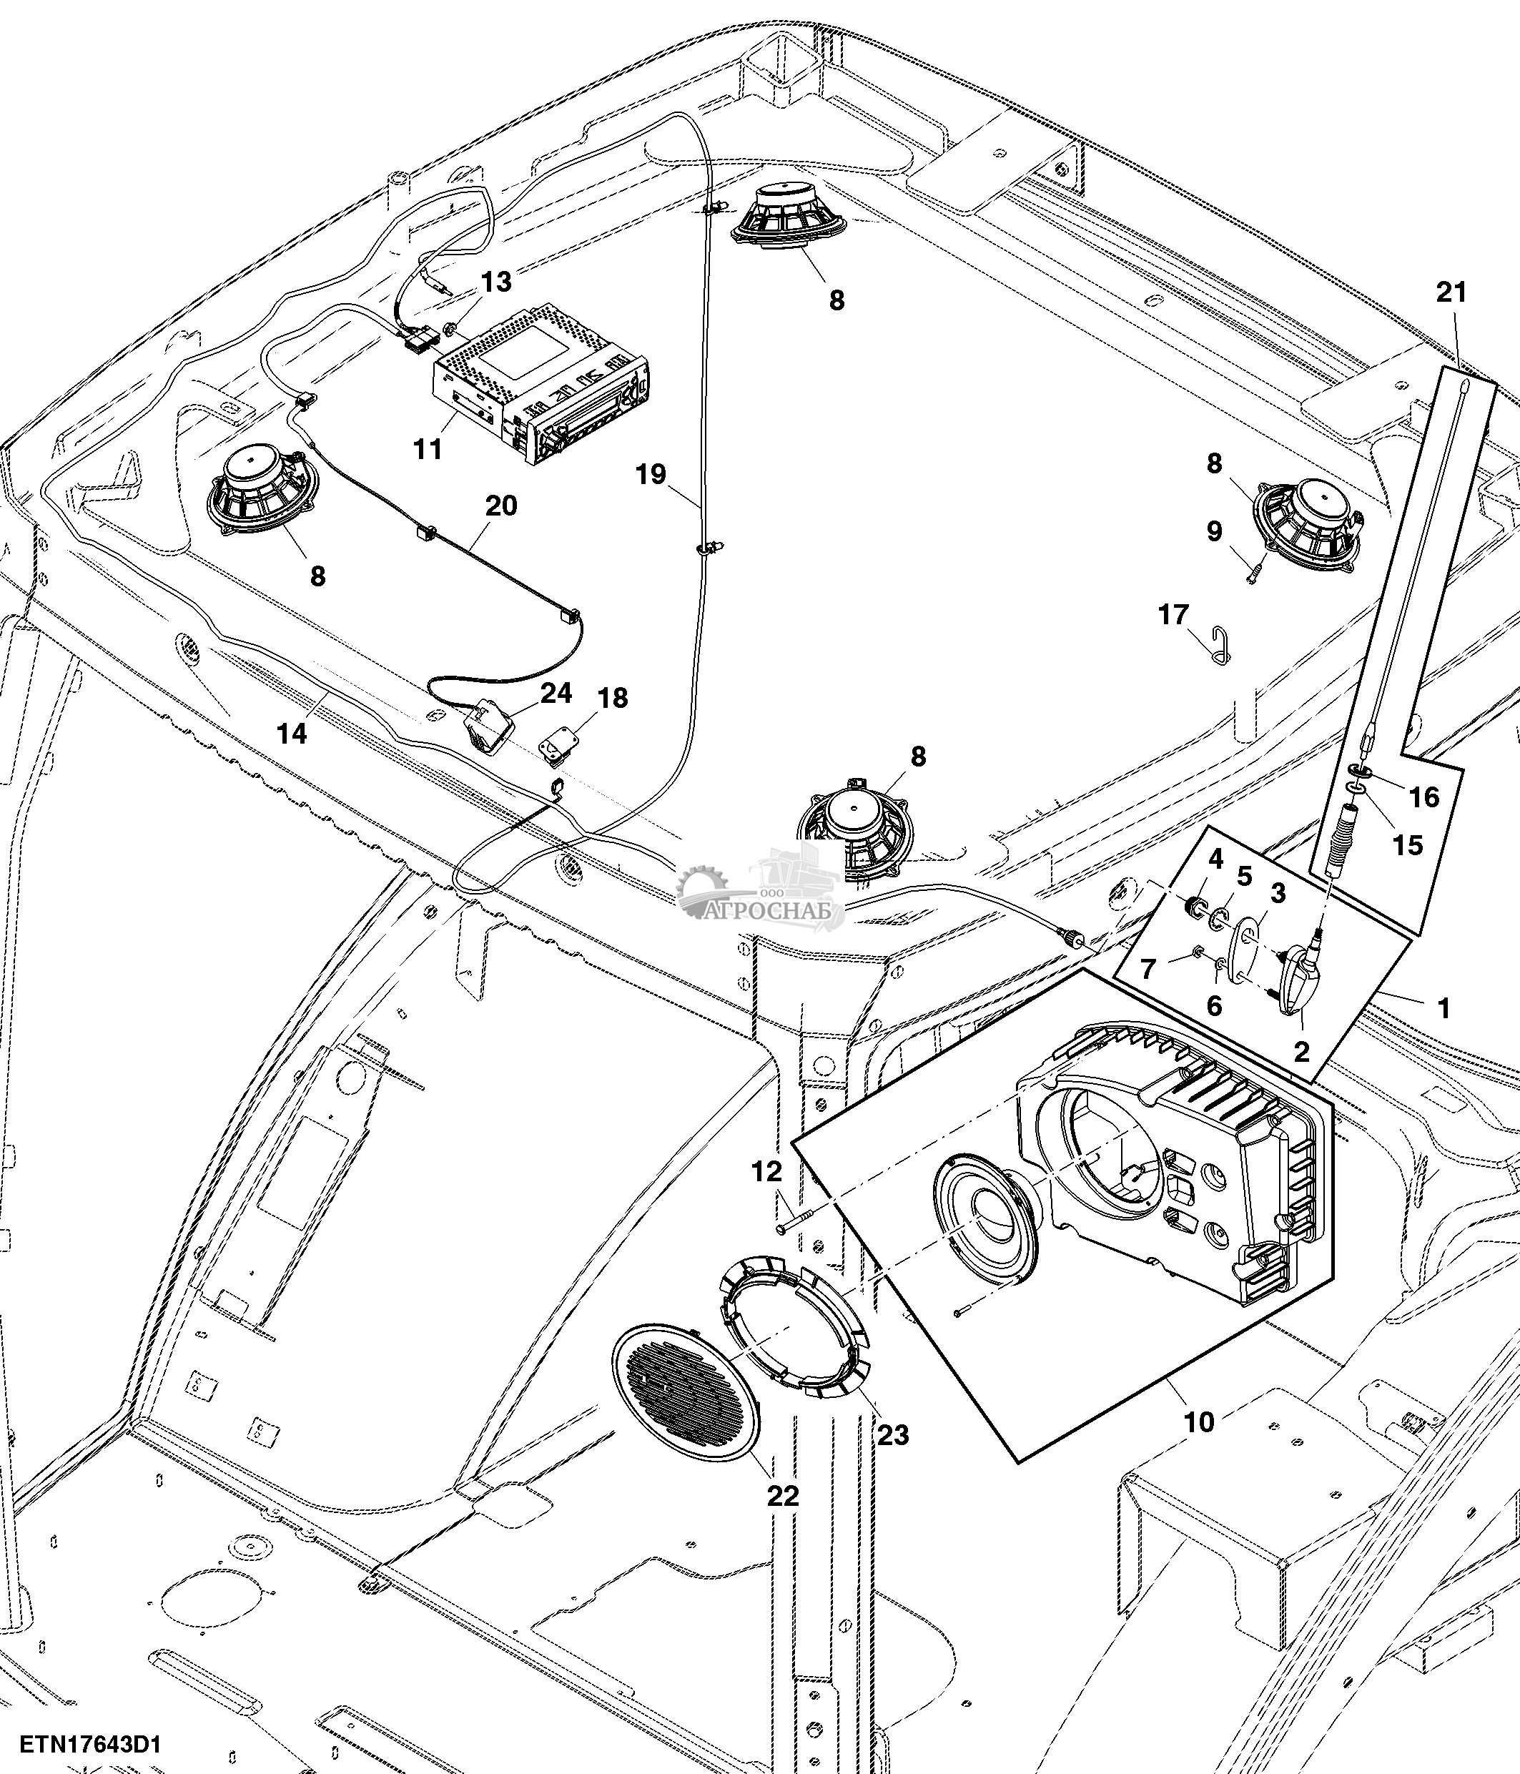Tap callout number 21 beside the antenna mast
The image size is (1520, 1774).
(x=1451, y=293)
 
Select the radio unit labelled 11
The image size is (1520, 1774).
(x=539, y=390)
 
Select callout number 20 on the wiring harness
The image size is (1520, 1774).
(x=500, y=506)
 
